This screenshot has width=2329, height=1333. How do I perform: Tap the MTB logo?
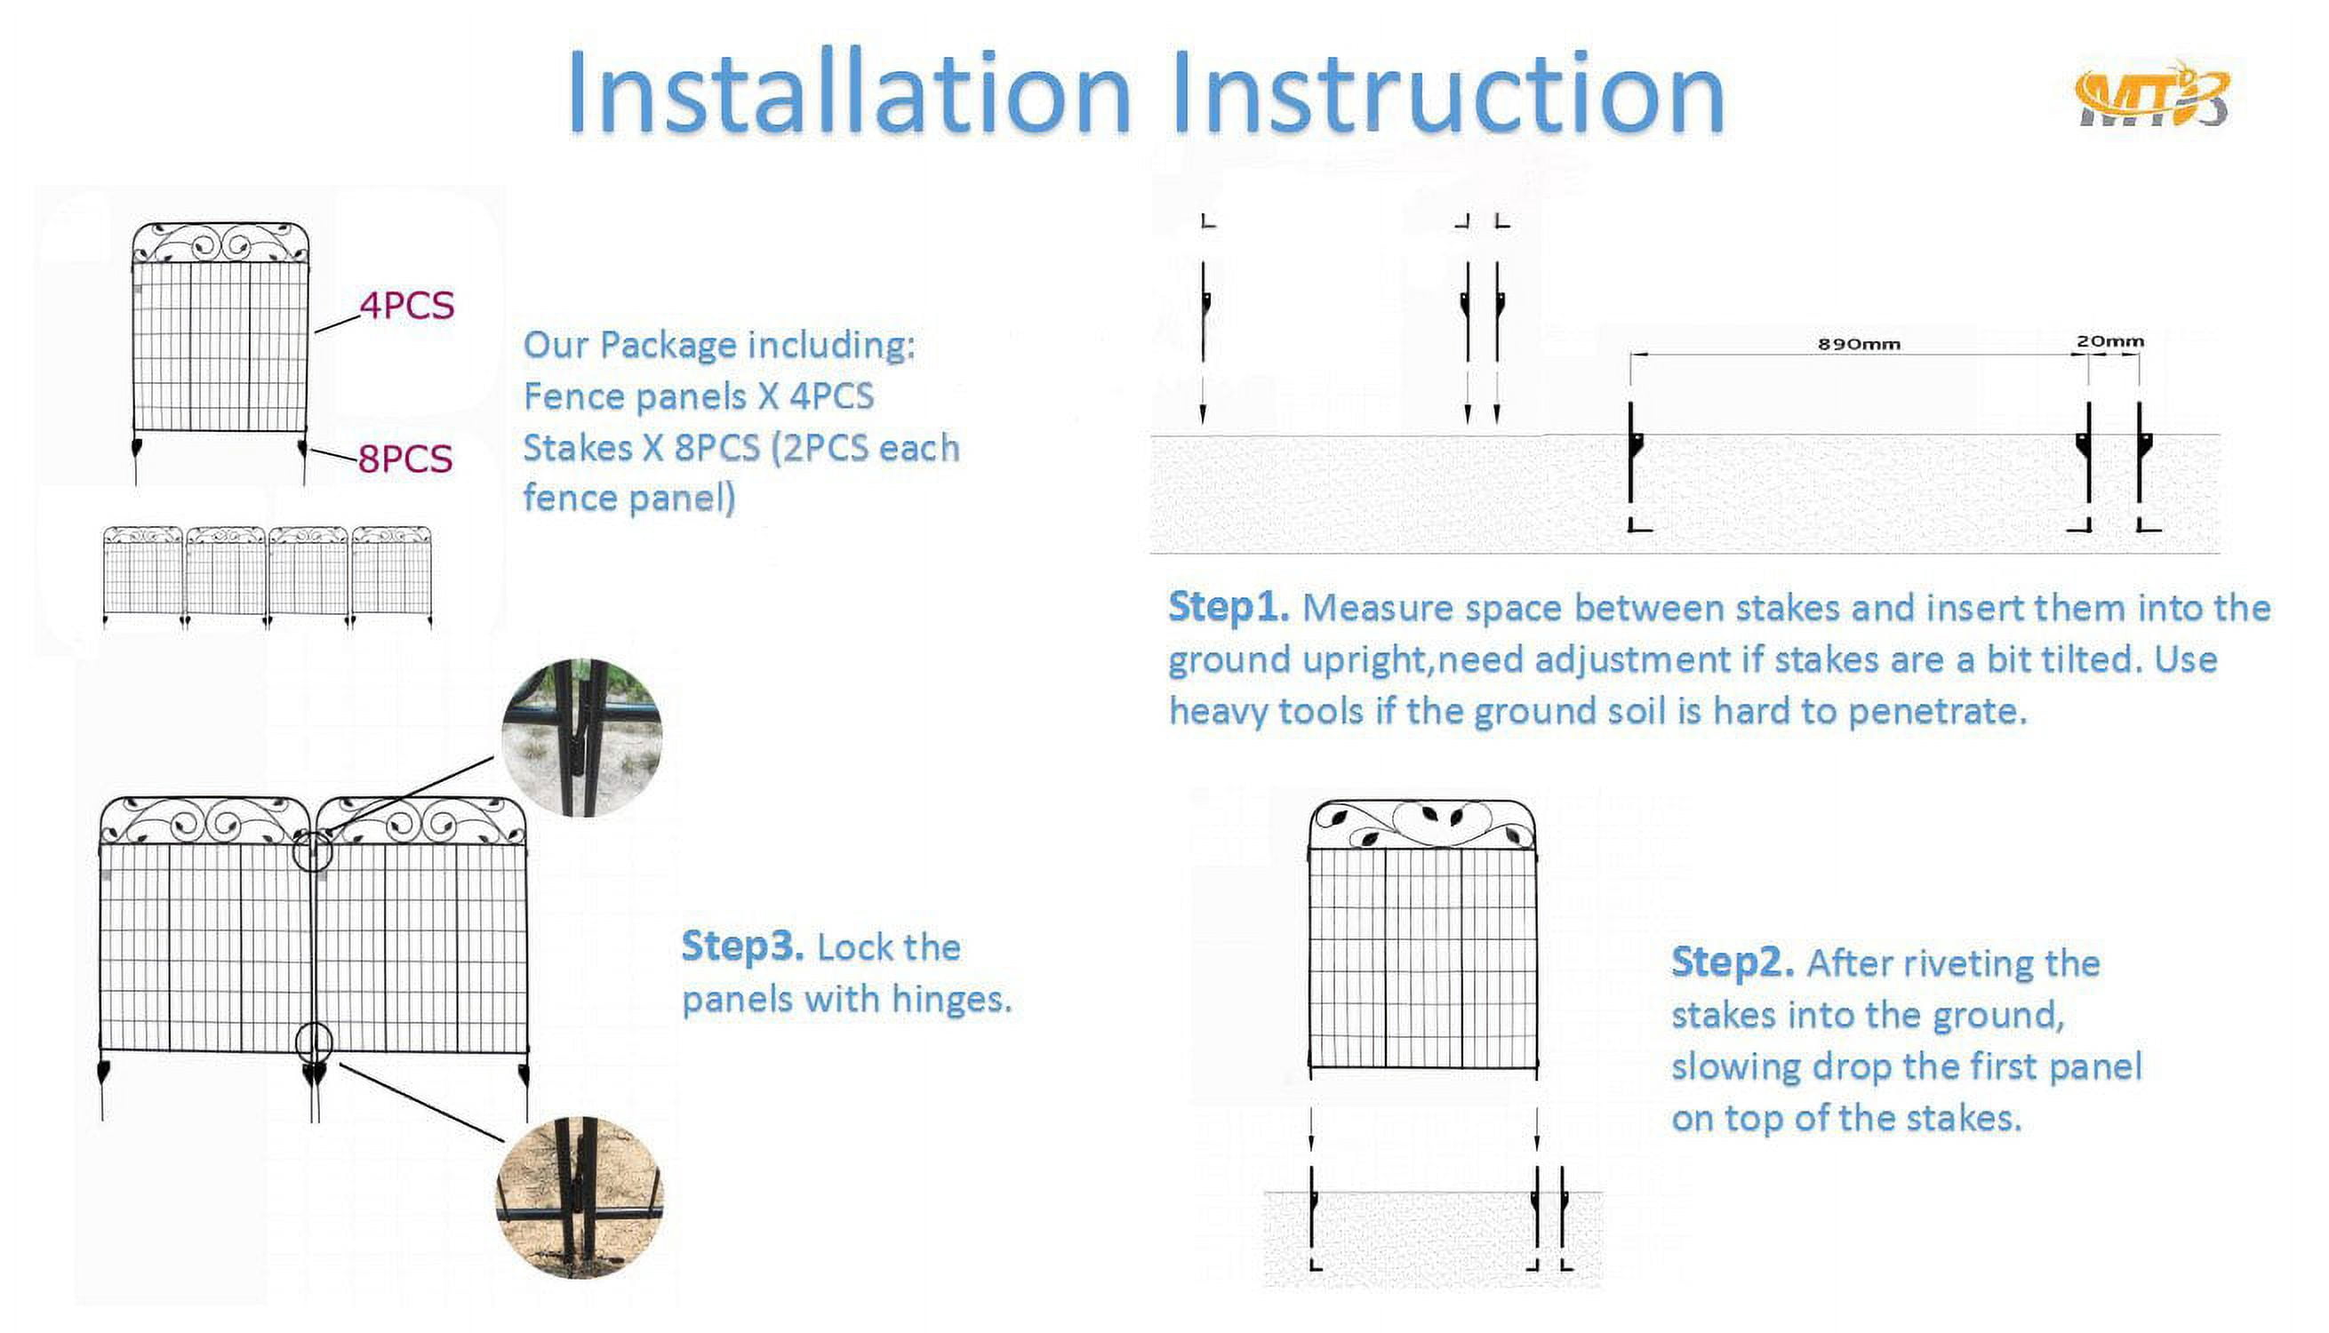pos(2152,95)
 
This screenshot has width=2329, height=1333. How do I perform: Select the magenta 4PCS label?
pos(406,306)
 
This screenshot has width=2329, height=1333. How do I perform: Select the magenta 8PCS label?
pos(404,459)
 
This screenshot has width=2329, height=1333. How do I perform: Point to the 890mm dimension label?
pos(1859,344)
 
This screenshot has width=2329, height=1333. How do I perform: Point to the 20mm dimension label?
pos(2109,341)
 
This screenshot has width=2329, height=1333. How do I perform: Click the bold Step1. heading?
pos(1229,607)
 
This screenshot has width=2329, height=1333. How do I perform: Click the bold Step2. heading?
pos(1733,962)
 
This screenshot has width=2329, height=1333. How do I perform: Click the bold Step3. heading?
pos(742,946)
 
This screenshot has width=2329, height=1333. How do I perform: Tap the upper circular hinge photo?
pos(582,738)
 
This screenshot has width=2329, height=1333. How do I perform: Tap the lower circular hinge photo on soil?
pos(579,1198)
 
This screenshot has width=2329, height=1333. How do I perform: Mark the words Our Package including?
pos(718,346)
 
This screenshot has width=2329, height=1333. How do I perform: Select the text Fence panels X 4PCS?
pos(699,396)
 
